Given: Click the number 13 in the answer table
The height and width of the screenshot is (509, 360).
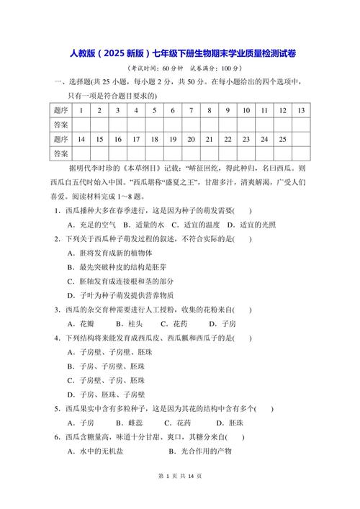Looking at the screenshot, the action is pos(301,110).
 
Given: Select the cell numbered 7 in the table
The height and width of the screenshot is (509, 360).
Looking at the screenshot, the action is pos(190,110).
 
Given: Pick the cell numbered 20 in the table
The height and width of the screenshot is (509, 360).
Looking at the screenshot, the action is pos(190,139).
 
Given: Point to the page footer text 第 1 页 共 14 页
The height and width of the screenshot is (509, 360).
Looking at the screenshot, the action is pos(179,496).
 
